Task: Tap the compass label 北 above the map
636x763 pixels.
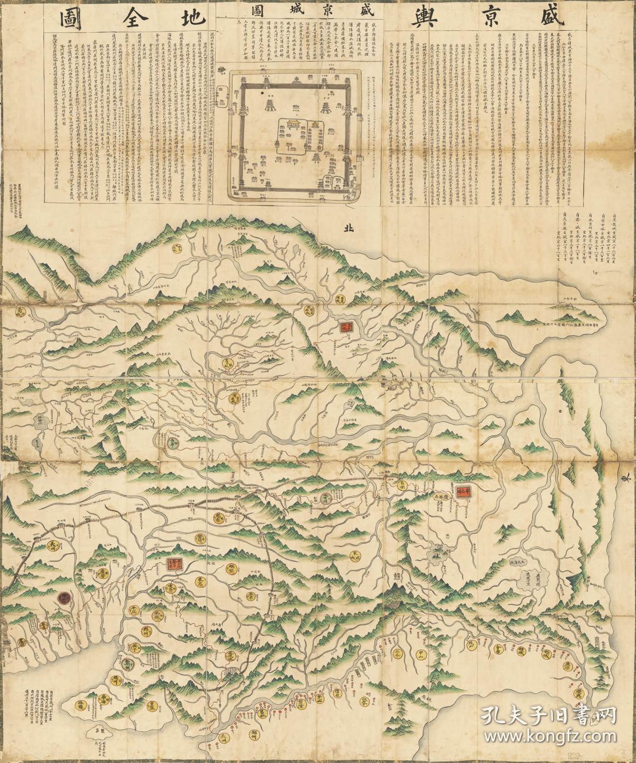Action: point(348,228)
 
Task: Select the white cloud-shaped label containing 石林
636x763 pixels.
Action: point(440,496)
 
